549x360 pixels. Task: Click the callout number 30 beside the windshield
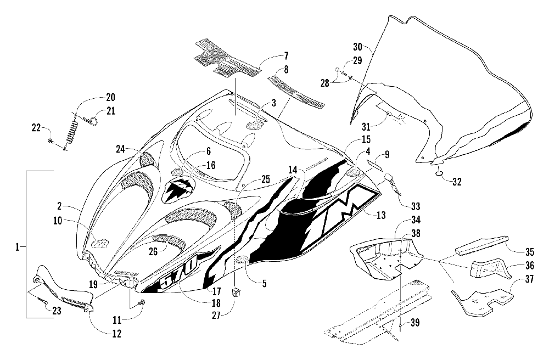click(357, 47)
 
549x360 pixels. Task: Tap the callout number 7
click(286, 55)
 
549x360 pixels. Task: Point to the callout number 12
click(116, 334)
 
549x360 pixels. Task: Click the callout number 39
click(414, 322)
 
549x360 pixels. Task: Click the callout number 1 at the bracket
click(17, 247)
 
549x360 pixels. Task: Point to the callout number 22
click(36, 128)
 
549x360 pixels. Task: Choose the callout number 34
click(416, 220)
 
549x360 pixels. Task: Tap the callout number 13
click(380, 215)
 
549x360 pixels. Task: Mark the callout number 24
click(121, 149)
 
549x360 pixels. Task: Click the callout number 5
click(264, 284)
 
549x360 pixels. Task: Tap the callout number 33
click(415, 206)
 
